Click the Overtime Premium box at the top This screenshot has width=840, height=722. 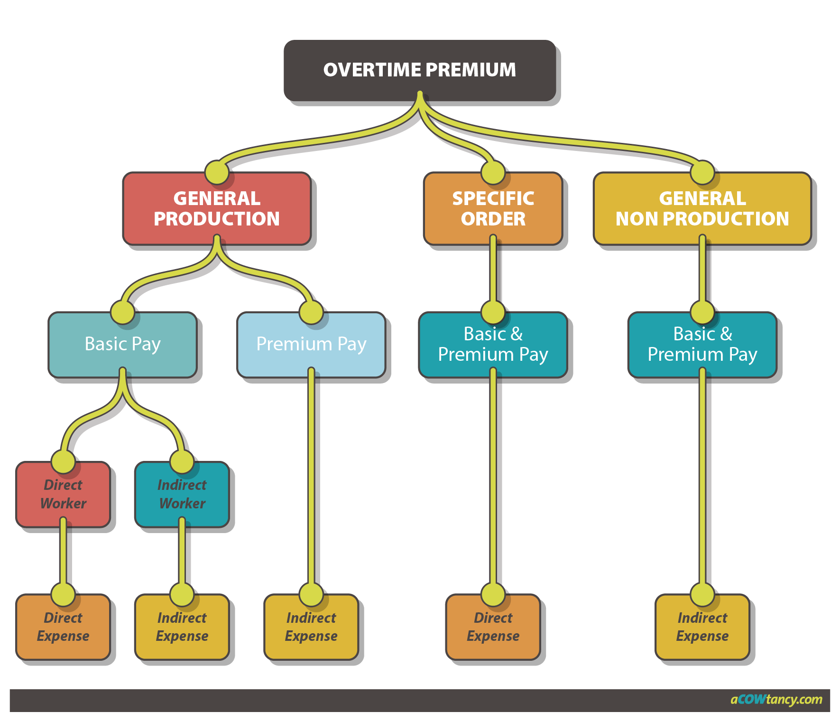419,70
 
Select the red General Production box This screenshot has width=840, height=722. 217,209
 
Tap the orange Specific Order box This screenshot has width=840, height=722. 493,209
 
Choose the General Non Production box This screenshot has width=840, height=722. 702,209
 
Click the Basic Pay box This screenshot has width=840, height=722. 122,344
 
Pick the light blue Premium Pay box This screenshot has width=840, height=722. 311,344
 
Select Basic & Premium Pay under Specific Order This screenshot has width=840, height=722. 493,345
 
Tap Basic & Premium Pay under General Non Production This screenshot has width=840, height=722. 702,345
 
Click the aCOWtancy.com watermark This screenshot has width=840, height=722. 776,700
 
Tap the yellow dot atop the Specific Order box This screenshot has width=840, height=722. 493,172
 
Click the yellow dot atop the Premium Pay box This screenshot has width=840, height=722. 311,312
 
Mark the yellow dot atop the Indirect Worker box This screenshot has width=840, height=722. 182,461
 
